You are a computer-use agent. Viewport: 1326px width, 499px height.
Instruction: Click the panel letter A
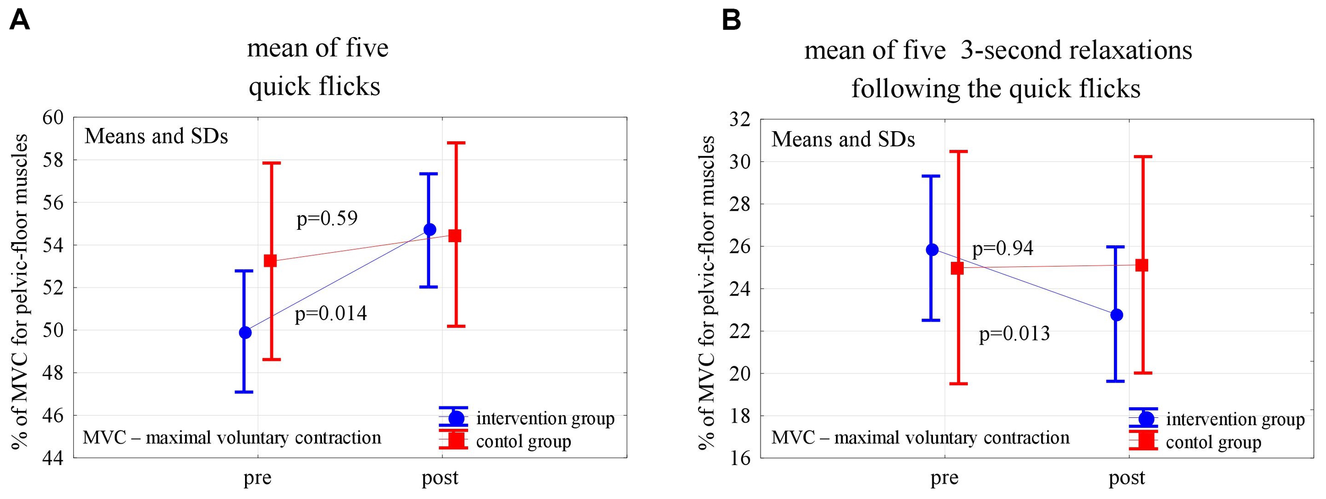pos(20,21)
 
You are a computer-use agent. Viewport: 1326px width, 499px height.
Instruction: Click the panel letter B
pos(731,21)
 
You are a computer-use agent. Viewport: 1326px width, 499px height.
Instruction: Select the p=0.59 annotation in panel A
pos(327,218)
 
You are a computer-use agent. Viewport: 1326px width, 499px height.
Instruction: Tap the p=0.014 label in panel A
pos(330,314)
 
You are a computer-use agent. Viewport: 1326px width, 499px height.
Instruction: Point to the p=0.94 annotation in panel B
pos(1002,248)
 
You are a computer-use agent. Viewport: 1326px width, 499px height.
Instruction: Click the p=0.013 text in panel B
pos(1014,333)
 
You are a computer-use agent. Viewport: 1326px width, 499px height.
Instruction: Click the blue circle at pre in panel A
pos(245,333)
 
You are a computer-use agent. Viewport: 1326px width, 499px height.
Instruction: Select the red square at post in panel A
pos(455,236)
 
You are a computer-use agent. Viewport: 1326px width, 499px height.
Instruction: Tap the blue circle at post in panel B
pos(1116,315)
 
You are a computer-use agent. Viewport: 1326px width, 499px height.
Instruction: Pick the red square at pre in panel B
pos(957,269)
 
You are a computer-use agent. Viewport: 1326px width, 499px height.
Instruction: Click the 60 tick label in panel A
pos(53,118)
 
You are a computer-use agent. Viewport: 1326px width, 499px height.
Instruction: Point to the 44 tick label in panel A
pos(53,458)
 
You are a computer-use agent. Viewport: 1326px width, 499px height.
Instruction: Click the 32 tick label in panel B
pos(740,119)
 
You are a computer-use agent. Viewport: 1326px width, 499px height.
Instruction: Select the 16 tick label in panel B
pos(740,458)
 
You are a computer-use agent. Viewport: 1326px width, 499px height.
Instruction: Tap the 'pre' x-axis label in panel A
pos(258,478)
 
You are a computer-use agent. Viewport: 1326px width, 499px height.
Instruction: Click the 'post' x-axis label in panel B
pos(1127,478)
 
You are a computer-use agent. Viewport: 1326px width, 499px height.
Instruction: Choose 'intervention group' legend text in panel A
pos(545,418)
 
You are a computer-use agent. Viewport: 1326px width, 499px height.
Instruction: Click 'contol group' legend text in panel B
pos(1214,442)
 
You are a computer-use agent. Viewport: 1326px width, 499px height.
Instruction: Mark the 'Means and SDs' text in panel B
pos(843,140)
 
